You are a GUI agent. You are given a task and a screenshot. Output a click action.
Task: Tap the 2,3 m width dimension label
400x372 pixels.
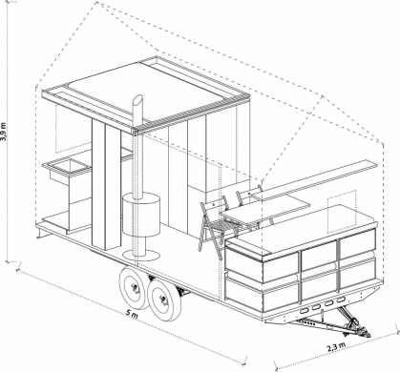point(336,347)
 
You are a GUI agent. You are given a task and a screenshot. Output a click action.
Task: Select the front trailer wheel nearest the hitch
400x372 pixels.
point(165,299)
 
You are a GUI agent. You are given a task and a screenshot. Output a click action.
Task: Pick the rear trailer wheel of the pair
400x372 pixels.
point(135,288)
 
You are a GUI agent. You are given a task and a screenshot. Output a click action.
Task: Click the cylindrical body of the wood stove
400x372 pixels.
point(141,216)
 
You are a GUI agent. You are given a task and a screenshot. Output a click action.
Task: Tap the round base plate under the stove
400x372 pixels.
point(141,255)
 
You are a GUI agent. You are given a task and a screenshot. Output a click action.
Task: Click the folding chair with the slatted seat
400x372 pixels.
point(215,226)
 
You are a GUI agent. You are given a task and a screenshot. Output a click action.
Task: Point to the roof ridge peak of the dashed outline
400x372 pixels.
point(96,3)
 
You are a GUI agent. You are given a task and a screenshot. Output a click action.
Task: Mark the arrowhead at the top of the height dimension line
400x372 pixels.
point(7,2)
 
